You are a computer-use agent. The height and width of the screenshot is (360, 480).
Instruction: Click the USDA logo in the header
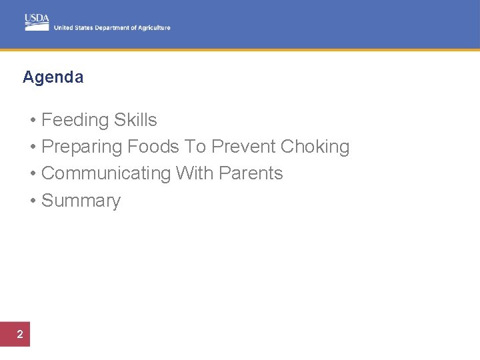point(37,22)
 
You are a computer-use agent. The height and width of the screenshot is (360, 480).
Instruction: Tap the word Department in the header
point(113,28)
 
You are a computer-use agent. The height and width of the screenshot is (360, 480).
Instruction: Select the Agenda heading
point(53,77)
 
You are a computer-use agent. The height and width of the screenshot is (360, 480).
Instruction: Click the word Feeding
point(75,120)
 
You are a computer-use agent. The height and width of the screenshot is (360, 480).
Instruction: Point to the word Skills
point(135,120)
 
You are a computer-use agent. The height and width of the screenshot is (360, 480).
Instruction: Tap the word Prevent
point(243,147)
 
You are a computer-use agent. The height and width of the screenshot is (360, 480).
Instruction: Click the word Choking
point(315,147)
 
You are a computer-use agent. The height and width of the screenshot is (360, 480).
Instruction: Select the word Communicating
point(106,173)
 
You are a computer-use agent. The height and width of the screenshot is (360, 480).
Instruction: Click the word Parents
point(251,173)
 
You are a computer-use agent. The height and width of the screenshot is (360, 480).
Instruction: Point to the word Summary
point(81,201)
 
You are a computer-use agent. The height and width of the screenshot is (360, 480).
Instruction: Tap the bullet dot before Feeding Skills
point(33,121)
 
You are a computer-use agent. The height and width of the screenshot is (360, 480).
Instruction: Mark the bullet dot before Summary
point(33,201)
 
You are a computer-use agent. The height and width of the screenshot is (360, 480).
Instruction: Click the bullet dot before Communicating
point(33,174)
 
